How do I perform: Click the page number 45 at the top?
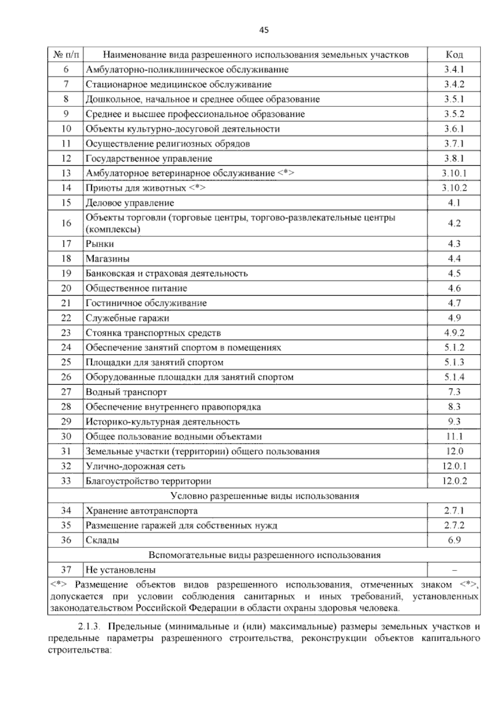tap(264, 30)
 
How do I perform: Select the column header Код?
tap(454, 55)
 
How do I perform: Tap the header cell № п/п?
tap(66, 55)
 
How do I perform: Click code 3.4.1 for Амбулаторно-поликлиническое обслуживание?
tap(454, 69)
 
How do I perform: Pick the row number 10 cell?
tap(66, 129)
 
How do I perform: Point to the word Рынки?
tap(100, 244)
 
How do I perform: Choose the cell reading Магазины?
tap(108, 259)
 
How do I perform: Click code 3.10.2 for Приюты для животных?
tap(454, 188)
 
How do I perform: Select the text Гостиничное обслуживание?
tap(146, 303)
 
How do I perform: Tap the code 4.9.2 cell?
tap(454, 333)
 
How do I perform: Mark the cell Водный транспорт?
tap(126, 392)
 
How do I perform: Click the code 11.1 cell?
tap(454, 436)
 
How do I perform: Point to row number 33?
tap(66, 481)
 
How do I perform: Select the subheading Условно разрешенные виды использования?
tap(265, 496)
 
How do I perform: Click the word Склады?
tap(102, 540)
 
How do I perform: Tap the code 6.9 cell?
tap(454, 540)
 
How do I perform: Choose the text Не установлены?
tap(121, 570)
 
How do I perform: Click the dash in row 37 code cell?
tap(454, 570)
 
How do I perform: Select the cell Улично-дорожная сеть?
tap(135, 466)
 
